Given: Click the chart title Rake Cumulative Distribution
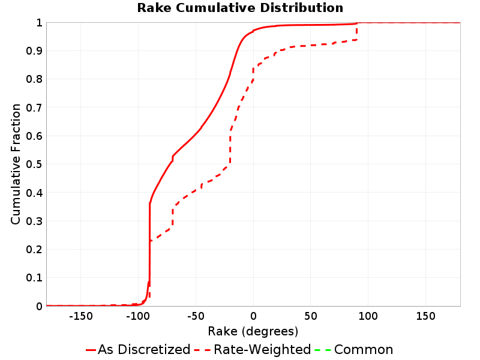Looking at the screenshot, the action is click(240, 8).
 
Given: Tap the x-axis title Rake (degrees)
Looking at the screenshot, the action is click(253, 331).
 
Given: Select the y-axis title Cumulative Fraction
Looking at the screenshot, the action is click(16, 164).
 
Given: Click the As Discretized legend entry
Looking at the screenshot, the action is click(138, 349).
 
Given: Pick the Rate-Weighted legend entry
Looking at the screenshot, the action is click(253, 349).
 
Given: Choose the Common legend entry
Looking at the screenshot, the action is click(354, 349).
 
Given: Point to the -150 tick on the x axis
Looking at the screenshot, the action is click(81, 316).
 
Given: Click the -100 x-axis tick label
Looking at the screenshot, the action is click(138, 316).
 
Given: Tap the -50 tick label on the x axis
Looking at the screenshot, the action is click(196, 316).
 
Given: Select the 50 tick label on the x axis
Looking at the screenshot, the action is click(310, 316).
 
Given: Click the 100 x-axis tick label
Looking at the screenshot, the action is click(368, 316).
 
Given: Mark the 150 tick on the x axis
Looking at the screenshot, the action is click(425, 316).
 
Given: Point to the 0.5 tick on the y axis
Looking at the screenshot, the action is click(34, 164).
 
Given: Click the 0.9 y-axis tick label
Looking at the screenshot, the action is click(34, 51).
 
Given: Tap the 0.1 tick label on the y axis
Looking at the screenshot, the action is click(34, 278).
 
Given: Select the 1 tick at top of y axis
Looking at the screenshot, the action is click(39, 23).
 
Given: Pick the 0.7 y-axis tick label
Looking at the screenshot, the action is click(34, 107).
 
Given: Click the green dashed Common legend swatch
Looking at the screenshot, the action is click(323, 350).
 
